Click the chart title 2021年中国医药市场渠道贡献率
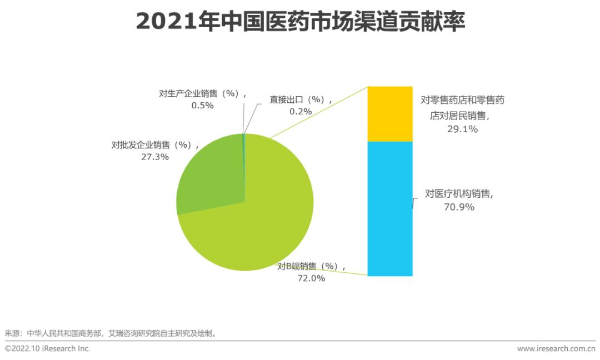300,22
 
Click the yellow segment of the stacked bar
390,114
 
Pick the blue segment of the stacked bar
390,208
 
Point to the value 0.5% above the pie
202,105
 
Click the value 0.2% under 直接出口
301,111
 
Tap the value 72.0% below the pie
311,278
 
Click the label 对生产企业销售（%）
202,93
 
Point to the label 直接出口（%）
301,100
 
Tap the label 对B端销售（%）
311,267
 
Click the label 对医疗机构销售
459,194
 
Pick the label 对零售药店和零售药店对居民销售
463,108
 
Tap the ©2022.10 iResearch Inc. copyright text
47,348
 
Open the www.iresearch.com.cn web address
556,348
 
